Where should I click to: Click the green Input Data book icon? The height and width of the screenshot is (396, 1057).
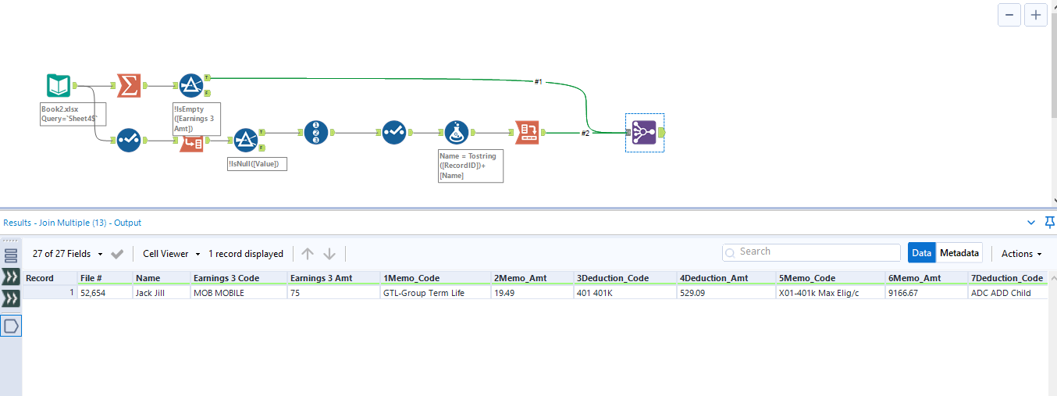coord(59,86)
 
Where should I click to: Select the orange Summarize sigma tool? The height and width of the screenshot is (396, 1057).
coord(129,86)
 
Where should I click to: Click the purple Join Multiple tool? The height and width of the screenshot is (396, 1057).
coord(644,132)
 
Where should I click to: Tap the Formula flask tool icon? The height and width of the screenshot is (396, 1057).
coord(456,133)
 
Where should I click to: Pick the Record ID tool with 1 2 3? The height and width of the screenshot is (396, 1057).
coord(315,133)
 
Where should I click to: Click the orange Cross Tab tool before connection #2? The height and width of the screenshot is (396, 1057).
coord(527,133)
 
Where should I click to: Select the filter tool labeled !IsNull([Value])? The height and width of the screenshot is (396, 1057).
coord(246,140)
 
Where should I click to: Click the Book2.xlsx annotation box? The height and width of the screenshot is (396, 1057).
coord(73,115)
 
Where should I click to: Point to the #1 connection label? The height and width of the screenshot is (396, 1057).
coord(538,82)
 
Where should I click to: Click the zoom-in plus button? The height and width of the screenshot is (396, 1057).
coord(1035,15)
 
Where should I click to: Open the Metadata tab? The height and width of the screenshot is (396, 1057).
coord(959,253)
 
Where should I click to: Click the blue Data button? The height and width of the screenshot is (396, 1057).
coord(921,253)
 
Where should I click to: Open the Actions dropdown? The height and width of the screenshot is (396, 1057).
coord(1021,254)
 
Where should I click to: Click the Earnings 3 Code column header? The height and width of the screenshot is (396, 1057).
coord(237,278)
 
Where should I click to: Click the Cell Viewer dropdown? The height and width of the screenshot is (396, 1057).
coord(171,254)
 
